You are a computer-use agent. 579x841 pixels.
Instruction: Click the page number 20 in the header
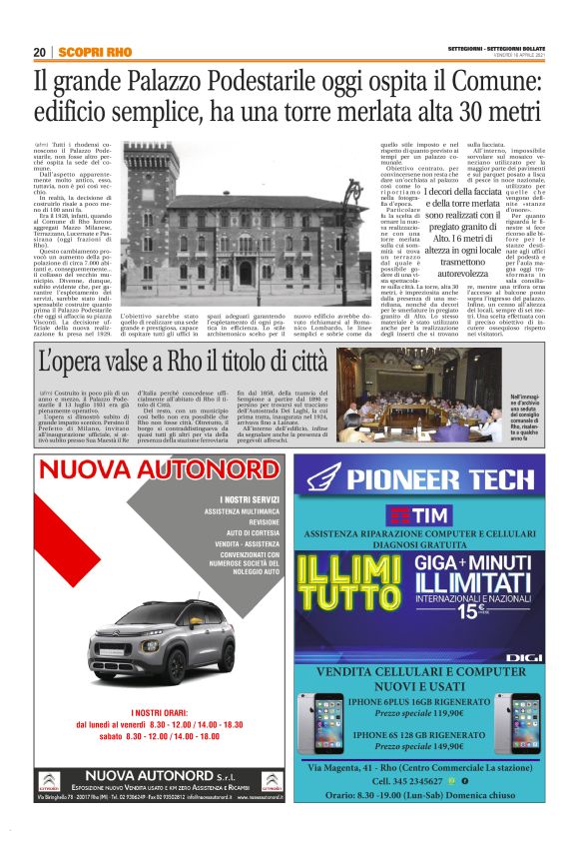click(x=39, y=52)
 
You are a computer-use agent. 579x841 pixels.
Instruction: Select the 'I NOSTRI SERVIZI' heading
click(x=250, y=499)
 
